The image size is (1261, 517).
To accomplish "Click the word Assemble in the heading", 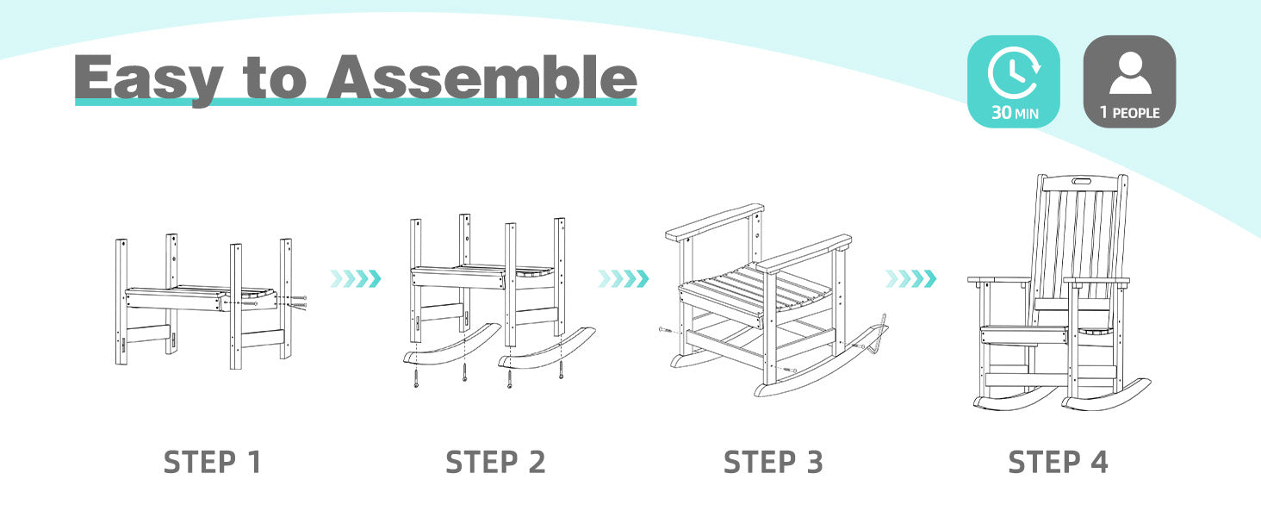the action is pos(482,78).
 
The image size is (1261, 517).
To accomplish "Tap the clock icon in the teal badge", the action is pos(1013,72).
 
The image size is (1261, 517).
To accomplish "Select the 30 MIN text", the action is pos(1015,113).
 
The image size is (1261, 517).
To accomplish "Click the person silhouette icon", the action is pos(1130,72).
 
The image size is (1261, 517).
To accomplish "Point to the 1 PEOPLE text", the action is pos(1130,113).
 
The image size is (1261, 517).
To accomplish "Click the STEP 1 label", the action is pos(212,463).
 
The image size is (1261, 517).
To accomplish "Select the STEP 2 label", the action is pos(495,463).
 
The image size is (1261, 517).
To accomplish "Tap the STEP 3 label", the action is pos(773,463).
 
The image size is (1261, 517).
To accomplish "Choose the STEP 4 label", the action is pos(1058,463).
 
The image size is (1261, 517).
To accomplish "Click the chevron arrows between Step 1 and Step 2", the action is pos(356,278).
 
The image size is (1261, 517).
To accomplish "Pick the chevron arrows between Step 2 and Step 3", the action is pos(624,278).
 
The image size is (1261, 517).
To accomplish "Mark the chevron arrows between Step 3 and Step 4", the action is pos(910,278).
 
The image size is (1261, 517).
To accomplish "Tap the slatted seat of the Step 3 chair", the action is pos(755,291).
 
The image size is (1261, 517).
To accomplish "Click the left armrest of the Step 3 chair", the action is pos(714,222).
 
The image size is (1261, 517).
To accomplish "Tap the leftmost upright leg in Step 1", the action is pos(121,302).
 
